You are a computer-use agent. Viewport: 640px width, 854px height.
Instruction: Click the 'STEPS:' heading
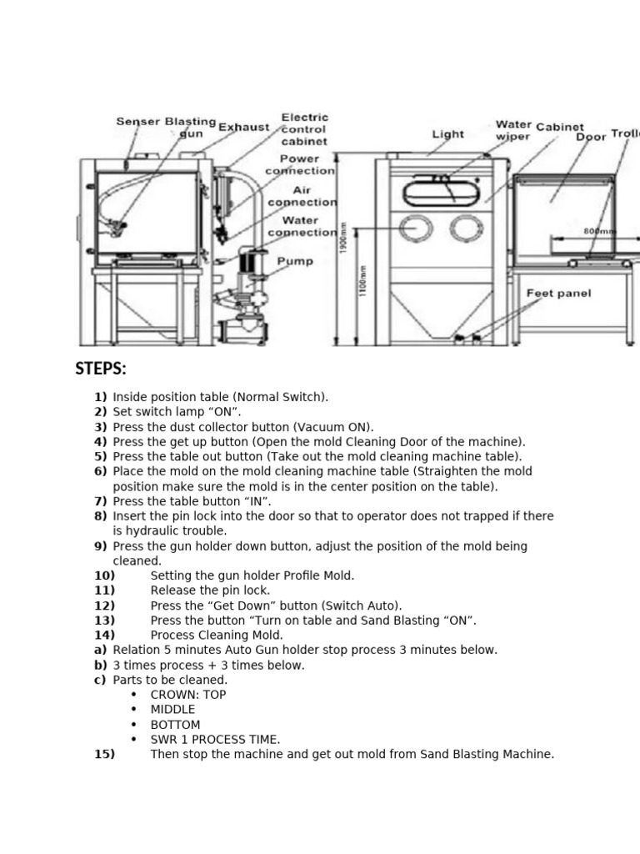pyautogui.click(x=101, y=369)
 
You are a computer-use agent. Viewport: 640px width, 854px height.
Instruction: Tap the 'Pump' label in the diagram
pyautogui.click(x=295, y=261)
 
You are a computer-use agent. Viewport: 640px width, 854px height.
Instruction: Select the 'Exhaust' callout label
pyautogui.click(x=243, y=128)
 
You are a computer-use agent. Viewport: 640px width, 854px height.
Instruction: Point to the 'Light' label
pyautogui.click(x=448, y=133)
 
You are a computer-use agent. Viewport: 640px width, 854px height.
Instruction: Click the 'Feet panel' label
pyautogui.click(x=558, y=294)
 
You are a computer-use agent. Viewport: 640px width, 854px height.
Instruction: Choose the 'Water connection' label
pyautogui.click(x=302, y=226)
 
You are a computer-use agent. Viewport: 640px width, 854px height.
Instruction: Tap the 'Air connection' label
pyautogui.click(x=302, y=196)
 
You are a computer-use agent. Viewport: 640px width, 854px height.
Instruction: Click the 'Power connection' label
pyautogui.click(x=300, y=164)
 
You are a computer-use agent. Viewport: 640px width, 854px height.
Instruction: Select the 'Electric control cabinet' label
pyautogui.click(x=304, y=130)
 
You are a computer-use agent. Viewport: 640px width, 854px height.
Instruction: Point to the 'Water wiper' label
pyautogui.click(x=513, y=131)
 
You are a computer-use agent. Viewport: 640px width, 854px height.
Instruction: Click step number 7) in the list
pyautogui.click(x=100, y=501)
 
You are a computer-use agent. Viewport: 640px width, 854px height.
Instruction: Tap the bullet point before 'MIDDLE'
pyautogui.click(x=133, y=710)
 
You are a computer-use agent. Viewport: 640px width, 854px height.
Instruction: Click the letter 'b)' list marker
pyautogui.click(x=100, y=665)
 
